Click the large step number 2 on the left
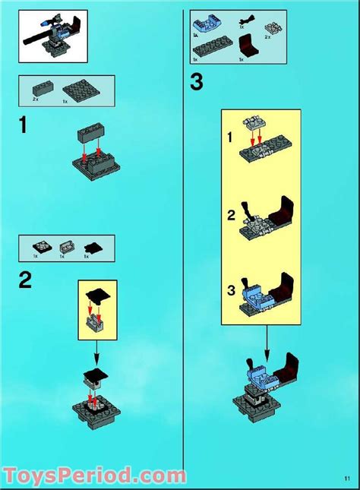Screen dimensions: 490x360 [x=25, y=281]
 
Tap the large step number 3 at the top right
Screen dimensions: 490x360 [x=197, y=81]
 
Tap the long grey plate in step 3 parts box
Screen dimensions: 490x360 [x=206, y=50]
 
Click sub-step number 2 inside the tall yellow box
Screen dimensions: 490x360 [x=231, y=215]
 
